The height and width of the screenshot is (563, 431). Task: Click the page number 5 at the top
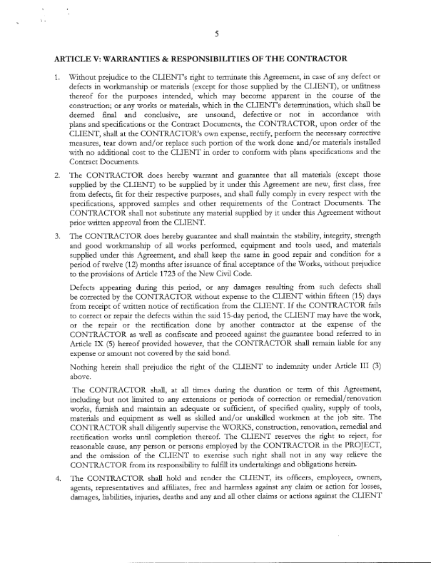[x=215, y=33]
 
